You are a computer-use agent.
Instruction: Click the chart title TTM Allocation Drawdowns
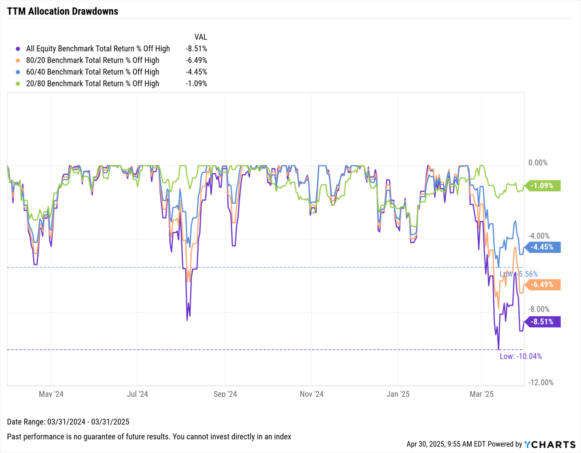point(63,11)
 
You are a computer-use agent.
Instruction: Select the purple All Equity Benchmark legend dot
point(18,49)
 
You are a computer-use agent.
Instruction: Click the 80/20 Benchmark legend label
point(92,60)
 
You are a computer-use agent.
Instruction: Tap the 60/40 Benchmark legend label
point(92,72)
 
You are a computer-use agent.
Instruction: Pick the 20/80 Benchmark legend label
point(92,84)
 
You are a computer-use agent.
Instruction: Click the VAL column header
point(200,37)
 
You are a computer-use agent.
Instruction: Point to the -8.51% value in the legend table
point(196,49)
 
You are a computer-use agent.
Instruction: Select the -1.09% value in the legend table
point(196,84)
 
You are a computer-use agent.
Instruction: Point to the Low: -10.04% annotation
point(520,356)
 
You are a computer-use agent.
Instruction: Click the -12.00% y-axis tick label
point(541,382)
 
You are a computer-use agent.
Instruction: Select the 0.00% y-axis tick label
point(538,163)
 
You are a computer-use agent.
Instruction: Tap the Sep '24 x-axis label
point(225,394)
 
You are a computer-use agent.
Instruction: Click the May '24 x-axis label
point(51,394)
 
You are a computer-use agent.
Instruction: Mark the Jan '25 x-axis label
point(398,394)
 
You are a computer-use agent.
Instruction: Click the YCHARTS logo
point(550,444)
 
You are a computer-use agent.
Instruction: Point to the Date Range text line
point(68,422)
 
